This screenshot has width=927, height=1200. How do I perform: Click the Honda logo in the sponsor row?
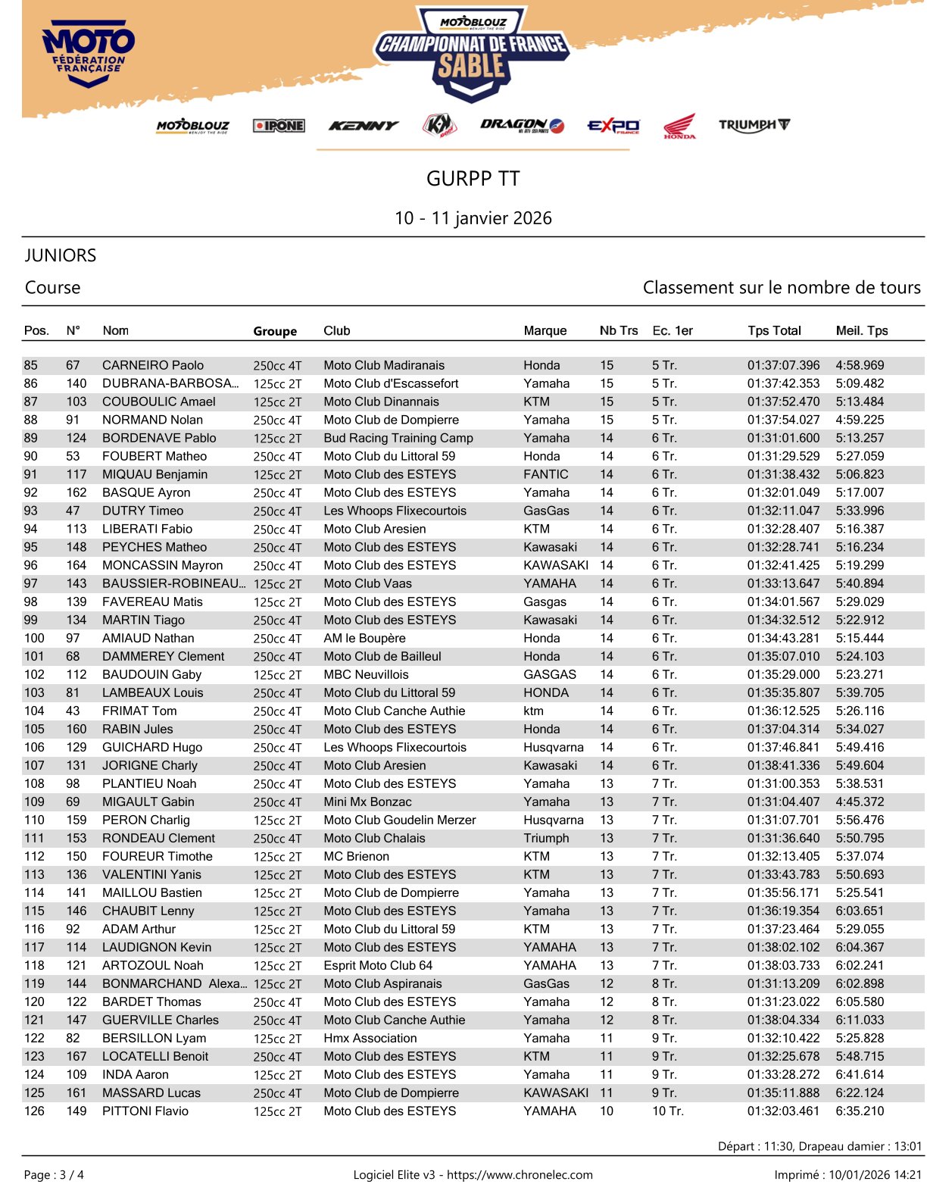(679, 126)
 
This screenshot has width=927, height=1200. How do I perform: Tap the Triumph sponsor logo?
(754, 125)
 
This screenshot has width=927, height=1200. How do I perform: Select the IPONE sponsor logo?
(279, 126)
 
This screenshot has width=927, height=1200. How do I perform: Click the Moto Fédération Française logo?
(89, 52)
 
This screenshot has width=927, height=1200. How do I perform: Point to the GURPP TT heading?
(473, 179)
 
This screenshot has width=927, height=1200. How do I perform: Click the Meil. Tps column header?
(862, 330)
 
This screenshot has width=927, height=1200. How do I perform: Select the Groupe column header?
(275, 331)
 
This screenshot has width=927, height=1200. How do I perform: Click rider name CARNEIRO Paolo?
(153, 365)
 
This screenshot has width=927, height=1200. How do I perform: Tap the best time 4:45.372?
(860, 802)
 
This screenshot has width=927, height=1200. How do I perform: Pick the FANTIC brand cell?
(545, 474)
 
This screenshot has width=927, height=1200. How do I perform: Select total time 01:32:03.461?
(783, 1111)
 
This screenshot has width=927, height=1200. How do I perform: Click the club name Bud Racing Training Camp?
(398, 438)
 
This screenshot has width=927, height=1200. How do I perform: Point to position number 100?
(35, 638)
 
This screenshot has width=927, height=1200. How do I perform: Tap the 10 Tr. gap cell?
(667, 1111)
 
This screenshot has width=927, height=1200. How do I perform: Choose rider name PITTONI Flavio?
(145, 1111)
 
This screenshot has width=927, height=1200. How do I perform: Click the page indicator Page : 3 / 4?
(55, 1175)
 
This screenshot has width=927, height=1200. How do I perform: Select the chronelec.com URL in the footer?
(520, 1175)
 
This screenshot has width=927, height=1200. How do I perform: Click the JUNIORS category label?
(61, 255)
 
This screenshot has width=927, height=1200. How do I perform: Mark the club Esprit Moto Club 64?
(378, 965)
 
